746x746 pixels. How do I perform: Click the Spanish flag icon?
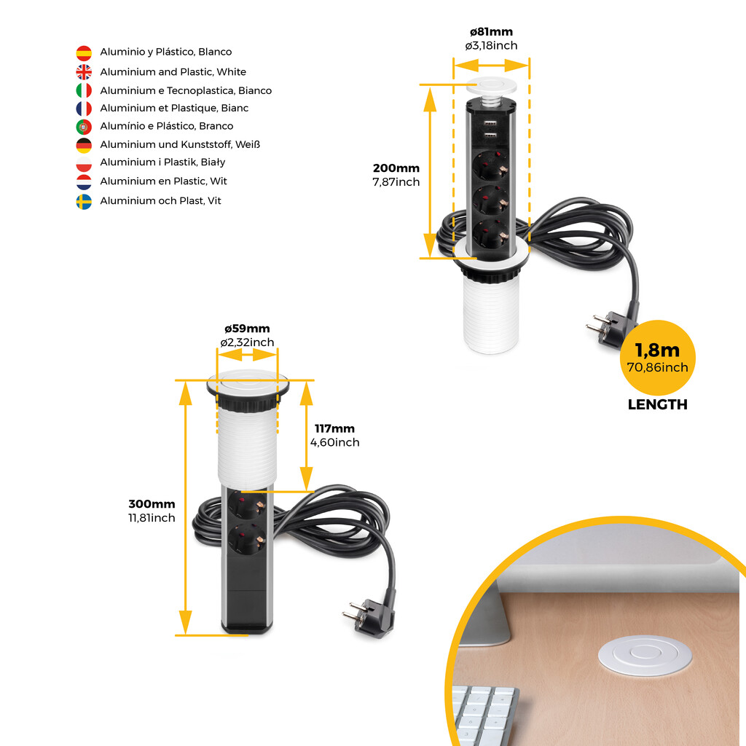84,52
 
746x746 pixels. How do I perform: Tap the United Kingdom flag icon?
84,72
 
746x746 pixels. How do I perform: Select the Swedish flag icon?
84,201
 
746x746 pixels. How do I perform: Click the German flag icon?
84,145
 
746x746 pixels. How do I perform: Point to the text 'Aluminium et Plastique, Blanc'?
174,109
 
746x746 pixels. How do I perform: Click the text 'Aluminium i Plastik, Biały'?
162,162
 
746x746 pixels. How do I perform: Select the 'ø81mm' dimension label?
491,32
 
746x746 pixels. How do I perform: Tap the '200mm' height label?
396,168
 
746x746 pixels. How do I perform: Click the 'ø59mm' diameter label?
247,329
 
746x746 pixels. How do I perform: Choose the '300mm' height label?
152,504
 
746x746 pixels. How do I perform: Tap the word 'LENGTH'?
657,405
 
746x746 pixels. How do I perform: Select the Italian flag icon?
84,91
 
